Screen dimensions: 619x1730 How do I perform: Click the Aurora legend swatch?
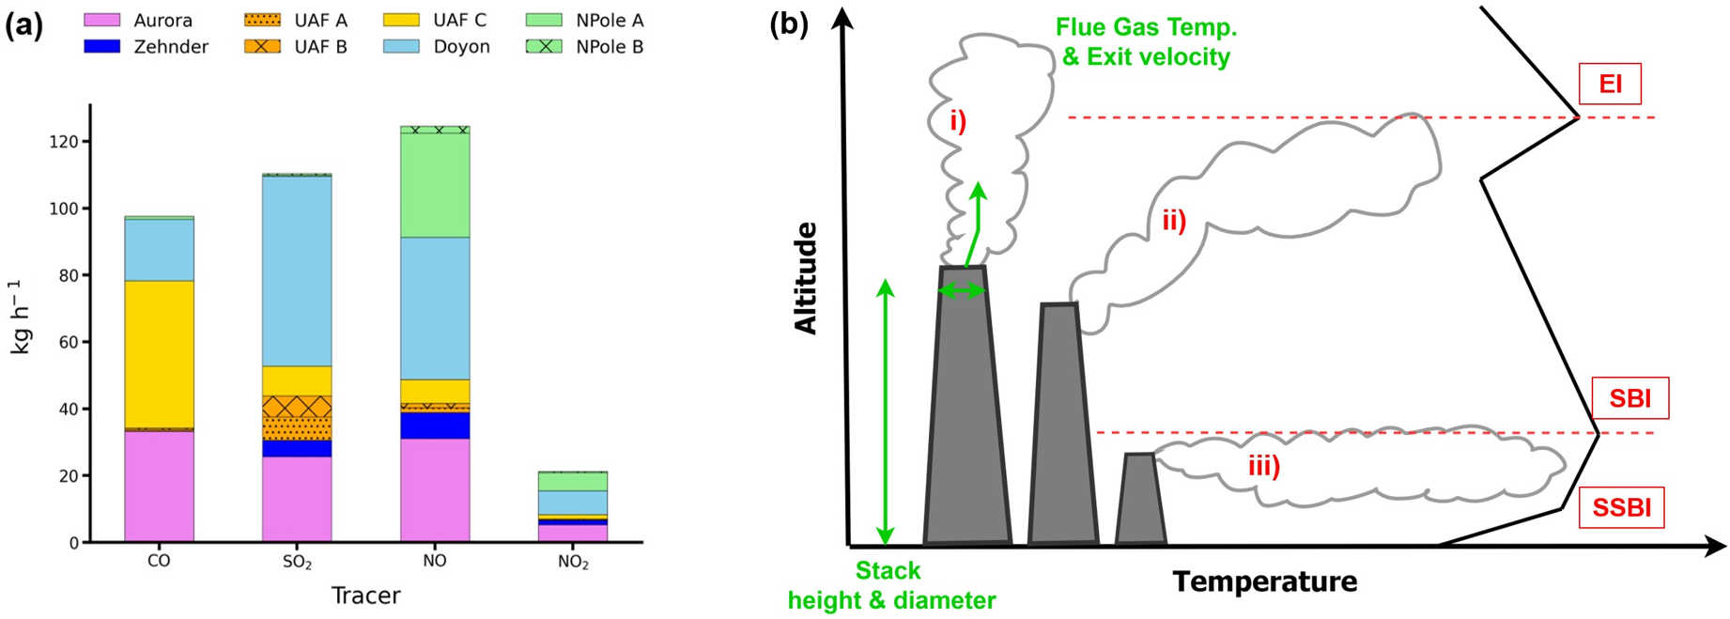102,20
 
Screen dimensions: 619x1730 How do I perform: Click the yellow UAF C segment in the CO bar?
159,354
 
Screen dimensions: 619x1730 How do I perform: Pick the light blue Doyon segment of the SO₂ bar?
297,271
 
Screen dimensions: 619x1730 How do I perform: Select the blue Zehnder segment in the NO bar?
435,426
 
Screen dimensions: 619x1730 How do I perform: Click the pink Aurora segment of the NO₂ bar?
573,533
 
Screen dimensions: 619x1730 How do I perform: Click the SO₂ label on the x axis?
297,563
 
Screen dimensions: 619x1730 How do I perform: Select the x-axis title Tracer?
366,596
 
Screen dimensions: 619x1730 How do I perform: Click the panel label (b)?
788,24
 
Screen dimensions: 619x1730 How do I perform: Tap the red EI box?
1610,84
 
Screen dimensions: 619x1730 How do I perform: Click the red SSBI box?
1622,507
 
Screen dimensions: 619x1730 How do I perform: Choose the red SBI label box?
1630,398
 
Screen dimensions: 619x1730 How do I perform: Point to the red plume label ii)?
1174,221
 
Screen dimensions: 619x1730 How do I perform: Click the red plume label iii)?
1263,466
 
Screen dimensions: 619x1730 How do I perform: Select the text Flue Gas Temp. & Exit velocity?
1146,42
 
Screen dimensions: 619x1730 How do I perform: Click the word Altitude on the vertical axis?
806,278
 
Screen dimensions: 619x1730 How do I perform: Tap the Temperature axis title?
1264,582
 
